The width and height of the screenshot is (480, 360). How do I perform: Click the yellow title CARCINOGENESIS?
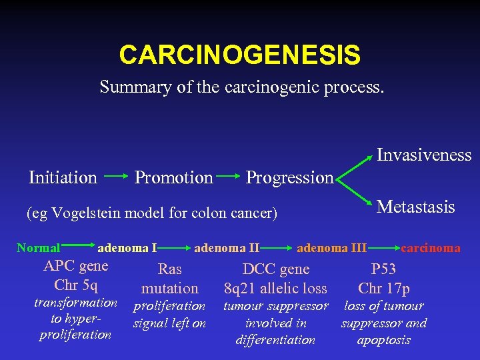pyautogui.click(x=239, y=55)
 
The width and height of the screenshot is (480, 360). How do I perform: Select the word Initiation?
pyautogui.click(x=63, y=177)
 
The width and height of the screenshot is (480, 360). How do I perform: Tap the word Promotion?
pyautogui.click(x=174, y=177)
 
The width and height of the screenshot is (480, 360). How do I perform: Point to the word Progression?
pyautogui.click(x=289, y=177)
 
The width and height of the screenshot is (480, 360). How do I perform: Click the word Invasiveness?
pyautogui.click(x=424, y=155)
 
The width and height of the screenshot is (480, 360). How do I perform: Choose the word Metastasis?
pyautogui.click(x=416, y=207)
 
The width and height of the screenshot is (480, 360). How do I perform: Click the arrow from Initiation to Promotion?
pyautogui.click(x=116, y=177)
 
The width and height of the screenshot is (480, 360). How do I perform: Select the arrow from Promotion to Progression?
pyautogui.click(x=229, y=177)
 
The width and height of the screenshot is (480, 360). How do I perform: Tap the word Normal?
pyautogui.click(x=38, y=248)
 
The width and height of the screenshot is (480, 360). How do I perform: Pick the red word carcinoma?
pyautogui.click(x=430, y=248)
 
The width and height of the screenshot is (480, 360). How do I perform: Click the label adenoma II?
pyautogui.click(x=227, y=248)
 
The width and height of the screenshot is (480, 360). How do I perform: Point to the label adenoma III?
pyautogui.click(x=331, y=248)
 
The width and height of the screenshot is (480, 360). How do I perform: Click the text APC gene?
pyautogui.click(x=75, y=267)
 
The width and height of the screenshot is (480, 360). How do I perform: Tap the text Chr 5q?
pyautogui.click(x=75, y=285)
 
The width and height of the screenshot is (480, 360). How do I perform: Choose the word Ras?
pyautogui.click(x=169, y=269)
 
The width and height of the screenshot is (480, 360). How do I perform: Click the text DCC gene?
pyautogui.click(x=276, y=269)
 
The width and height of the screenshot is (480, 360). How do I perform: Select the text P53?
pyautogui.click(x=383, y=269)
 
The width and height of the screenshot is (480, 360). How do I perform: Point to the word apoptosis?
pyautogui.click(x=383, y=340)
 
